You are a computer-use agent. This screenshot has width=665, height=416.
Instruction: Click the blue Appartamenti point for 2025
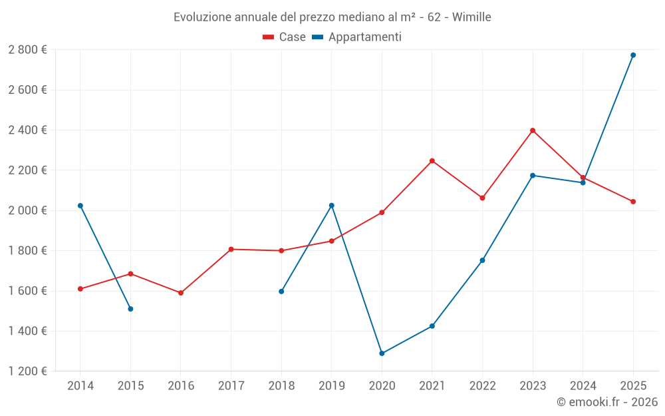tap(633, 55)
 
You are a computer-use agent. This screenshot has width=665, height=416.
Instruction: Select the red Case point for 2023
tap(533, 130)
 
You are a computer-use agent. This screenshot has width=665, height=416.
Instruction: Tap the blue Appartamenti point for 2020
tap(382, 353)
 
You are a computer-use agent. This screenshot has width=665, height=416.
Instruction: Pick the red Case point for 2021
tap(432, 161)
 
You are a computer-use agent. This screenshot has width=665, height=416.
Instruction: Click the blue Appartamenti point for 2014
tap(80, 206)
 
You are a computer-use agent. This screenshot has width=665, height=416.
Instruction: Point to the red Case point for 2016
tap(181, 293)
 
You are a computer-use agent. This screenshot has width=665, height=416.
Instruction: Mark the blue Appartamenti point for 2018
tap(281, 292)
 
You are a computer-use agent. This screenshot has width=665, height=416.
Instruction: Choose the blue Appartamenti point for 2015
tap(130, 309)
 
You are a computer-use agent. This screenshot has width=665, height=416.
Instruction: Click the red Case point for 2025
tap(633, 202)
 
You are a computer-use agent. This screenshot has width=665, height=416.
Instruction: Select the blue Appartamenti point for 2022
tap(482, 260)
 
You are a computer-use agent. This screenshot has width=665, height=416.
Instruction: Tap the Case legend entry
tap(285, 37)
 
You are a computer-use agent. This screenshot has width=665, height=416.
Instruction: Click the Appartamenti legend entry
tap(357, 37)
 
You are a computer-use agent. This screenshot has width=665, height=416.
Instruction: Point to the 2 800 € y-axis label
tap(28, 50)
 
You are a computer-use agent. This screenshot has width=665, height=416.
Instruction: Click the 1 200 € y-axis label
tap(28, 371)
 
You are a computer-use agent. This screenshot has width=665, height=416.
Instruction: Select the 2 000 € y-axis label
tap(28, 210)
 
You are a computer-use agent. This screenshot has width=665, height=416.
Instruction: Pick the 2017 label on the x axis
tap(231, 386)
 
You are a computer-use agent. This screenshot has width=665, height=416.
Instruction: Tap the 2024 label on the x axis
tap(583, 386)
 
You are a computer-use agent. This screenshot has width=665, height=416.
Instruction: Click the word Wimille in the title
tap(471, 17)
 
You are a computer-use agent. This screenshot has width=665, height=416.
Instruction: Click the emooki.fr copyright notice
tap(606, 402)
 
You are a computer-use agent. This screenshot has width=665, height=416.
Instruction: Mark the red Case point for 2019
tap(332, 241)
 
